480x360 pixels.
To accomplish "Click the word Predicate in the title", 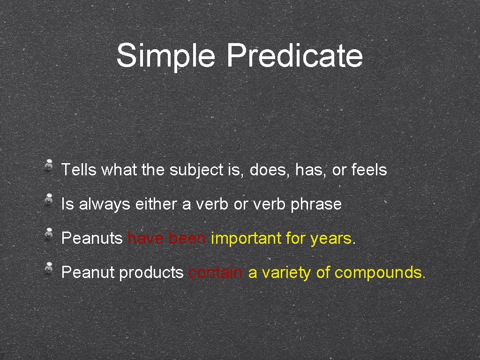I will (x=294, y=56).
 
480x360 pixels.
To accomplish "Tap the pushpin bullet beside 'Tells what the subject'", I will (x=49, y=165).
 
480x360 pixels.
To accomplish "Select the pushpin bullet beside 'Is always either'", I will (x=49, y=199).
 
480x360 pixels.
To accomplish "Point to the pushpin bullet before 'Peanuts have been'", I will (x=49, y=233).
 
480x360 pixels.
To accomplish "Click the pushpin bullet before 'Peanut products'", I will (x=49, y=268).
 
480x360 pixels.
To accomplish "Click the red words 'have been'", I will (x=166, y=239).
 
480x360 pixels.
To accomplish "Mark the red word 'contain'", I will (x=216, y=273).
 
